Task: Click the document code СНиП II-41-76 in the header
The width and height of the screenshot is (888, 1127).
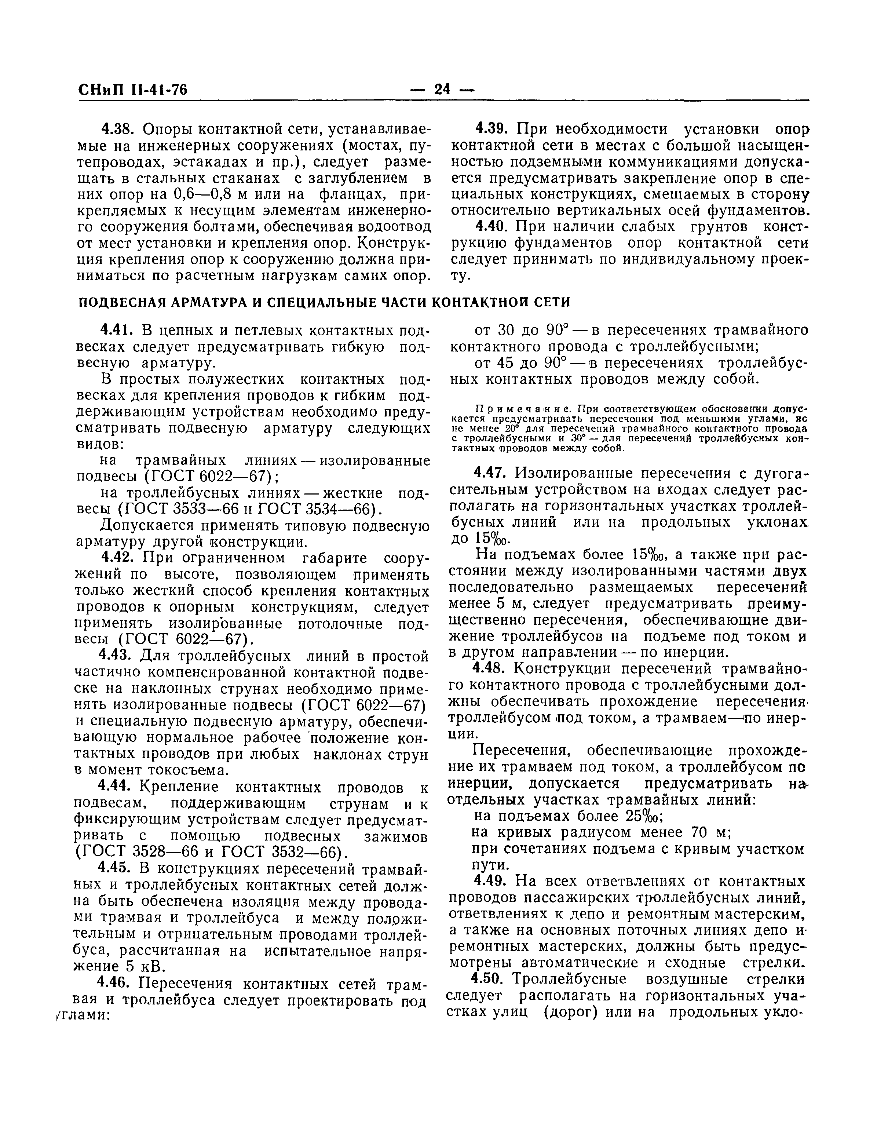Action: click(132, 90)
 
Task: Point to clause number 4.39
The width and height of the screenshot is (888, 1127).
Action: click(494, 128)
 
